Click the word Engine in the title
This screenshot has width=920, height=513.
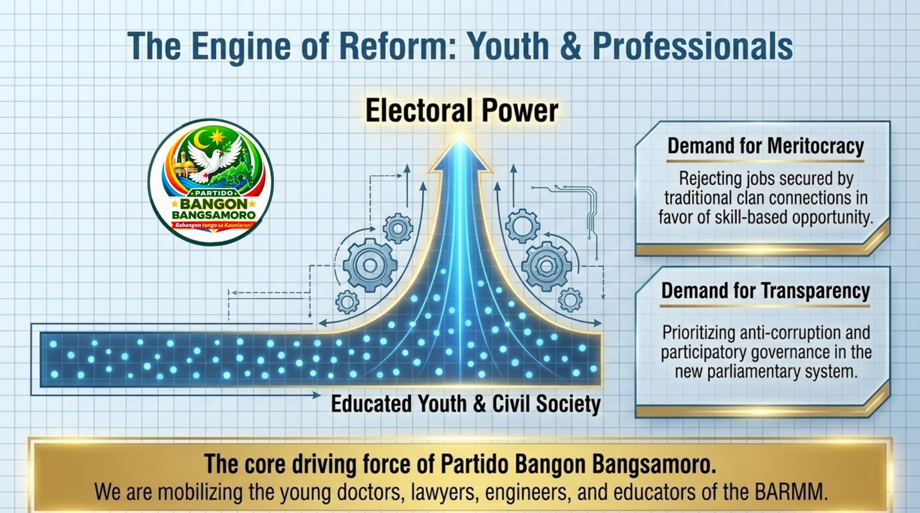241,47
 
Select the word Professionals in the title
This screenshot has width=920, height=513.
693,46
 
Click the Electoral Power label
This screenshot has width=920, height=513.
462,110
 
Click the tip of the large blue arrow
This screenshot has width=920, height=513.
460,136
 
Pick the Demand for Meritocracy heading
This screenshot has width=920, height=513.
765,146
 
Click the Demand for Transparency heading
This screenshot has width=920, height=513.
765,291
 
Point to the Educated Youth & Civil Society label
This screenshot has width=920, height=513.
466,404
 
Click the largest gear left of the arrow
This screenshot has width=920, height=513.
370,265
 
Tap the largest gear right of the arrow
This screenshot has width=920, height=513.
546,267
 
